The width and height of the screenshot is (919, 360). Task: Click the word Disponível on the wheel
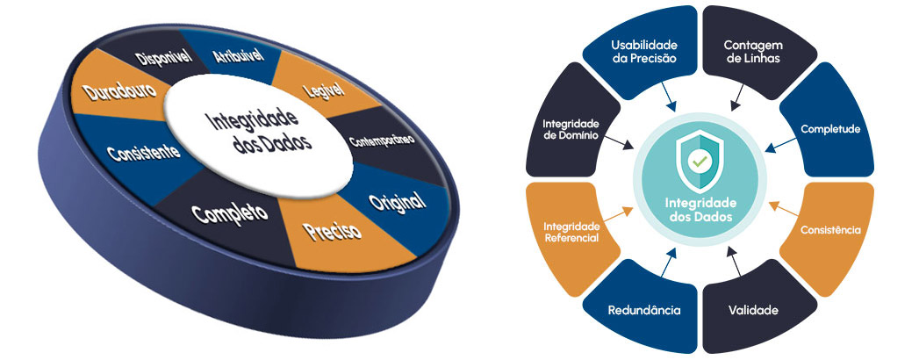point(164,59)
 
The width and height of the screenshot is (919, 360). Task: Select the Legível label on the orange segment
point(323,90)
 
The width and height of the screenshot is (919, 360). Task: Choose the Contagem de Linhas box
point(751,53)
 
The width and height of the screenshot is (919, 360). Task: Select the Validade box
point(752,309)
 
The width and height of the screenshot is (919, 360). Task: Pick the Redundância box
point(644,309)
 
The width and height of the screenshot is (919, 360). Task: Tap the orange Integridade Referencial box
point(571,231)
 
